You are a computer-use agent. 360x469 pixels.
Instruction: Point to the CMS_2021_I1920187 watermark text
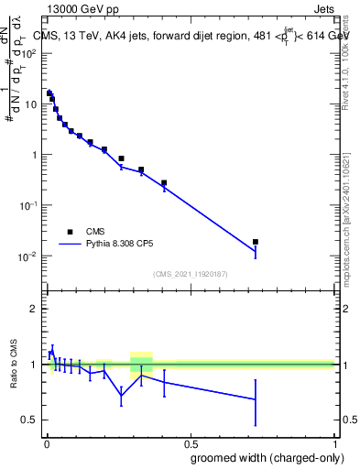point(190,274)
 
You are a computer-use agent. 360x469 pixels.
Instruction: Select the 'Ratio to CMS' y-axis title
point(13,364)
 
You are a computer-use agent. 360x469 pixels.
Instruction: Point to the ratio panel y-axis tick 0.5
point(31,420)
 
